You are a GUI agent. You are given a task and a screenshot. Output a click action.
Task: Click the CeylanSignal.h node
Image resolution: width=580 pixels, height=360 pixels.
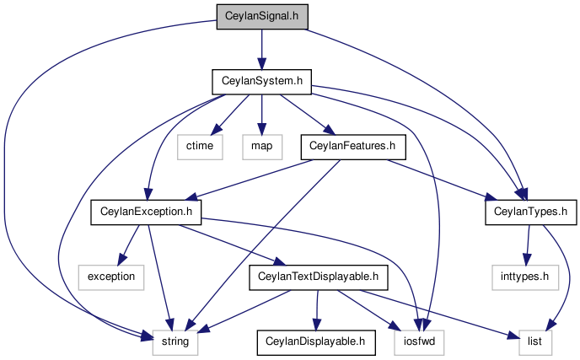(x=262, y=17)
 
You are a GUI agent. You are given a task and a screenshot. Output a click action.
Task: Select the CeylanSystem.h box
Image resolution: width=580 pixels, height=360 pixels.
(x=262, y=82)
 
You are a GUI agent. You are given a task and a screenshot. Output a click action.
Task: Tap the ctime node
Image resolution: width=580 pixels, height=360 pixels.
(x=200, y=147)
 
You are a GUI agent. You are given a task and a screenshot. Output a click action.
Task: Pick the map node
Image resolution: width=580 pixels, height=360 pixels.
(x=262, y=147)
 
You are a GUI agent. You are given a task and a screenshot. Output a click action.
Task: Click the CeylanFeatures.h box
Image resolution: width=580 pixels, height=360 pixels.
(x=353, y=147)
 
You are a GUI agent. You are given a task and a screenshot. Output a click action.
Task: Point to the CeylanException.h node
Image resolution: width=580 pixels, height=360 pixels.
(x=146, y=212)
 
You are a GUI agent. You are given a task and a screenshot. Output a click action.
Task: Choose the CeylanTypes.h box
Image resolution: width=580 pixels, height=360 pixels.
(x=531, y=212)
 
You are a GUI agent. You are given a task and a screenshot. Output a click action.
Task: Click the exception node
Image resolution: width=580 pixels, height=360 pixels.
(x=111, y=277)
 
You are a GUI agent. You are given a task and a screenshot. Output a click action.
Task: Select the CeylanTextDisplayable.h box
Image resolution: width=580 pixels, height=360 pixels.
(x=319, y=277)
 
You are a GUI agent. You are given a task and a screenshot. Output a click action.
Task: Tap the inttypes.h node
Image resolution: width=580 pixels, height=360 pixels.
(x=525, y=277)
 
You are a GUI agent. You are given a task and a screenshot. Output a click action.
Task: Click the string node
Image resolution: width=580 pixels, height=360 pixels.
(x=175, y=342)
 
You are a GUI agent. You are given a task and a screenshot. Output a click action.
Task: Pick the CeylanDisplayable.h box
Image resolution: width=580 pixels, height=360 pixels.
(x=316, y=342)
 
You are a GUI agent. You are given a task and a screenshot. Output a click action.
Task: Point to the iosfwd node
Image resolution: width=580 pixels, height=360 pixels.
(x=420, y=342)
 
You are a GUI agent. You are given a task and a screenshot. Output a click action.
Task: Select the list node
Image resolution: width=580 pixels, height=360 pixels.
(x=534, y=342)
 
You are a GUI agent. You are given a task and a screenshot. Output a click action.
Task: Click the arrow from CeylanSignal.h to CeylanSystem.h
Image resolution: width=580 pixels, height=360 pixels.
(x=262, y=49)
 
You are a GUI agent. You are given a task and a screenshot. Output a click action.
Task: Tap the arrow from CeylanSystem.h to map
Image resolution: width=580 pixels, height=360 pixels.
(x=262, y=115)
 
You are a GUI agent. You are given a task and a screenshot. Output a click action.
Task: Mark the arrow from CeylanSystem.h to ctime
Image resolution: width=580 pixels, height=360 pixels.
(x=231, y=114)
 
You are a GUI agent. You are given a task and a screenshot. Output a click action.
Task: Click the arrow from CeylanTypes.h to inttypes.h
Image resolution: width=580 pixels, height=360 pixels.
(x=528, y=244)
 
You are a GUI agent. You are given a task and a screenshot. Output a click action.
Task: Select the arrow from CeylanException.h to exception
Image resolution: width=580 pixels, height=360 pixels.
(x=129, y=244)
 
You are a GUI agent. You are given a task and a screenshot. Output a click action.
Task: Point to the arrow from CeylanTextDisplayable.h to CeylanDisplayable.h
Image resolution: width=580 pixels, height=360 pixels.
(x=317, y=309)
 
